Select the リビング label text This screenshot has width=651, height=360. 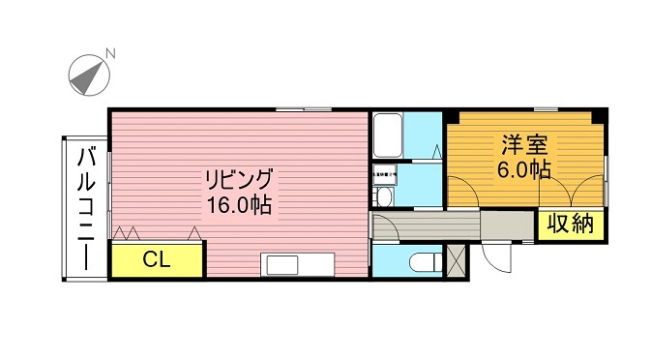point(238,180)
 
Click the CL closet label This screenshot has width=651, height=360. point(157,258)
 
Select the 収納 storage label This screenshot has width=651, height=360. point(571,225)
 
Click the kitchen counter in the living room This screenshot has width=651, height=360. point(297,265)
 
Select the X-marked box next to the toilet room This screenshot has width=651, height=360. point(457,260)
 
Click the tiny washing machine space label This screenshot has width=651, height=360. point(384,175)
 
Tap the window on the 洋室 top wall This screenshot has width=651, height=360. point(546,108)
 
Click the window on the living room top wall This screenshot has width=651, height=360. point(303,108)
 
